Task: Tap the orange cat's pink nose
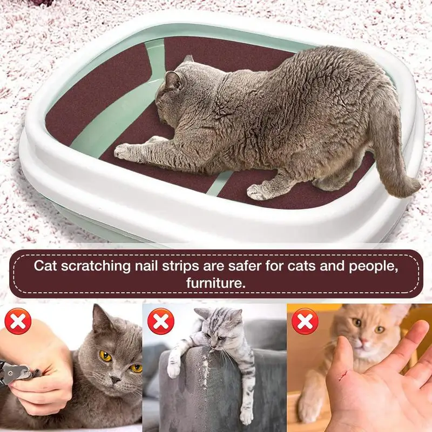click(x=363, y=342)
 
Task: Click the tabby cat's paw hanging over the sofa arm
click(x=174, y=368)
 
